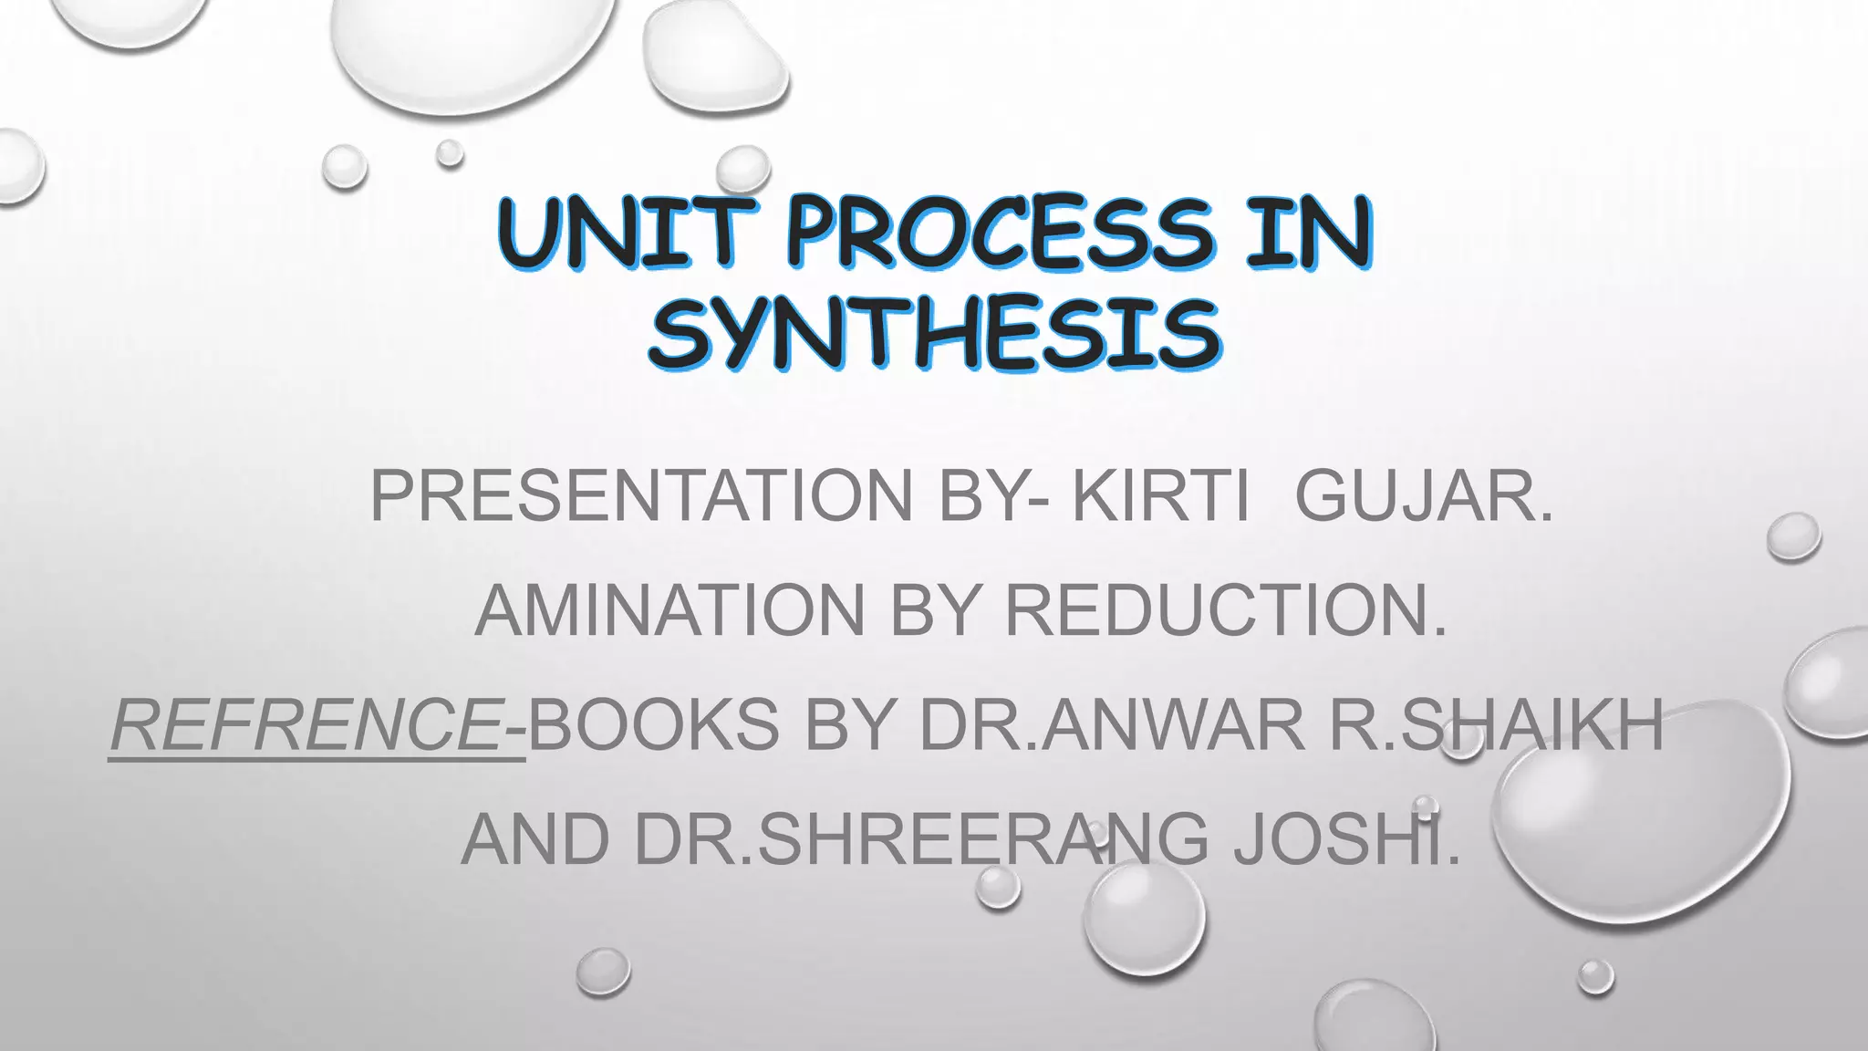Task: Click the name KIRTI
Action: (1160, 496)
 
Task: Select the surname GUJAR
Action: (1423, 496)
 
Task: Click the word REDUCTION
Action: (1226, 610)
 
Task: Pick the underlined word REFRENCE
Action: (306, 724)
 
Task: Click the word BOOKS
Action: (653, 724)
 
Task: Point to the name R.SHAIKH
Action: (1496, 724)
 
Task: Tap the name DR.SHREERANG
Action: (921, 839)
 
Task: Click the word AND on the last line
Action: (535, 839)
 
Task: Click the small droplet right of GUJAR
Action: (1793, 536)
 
